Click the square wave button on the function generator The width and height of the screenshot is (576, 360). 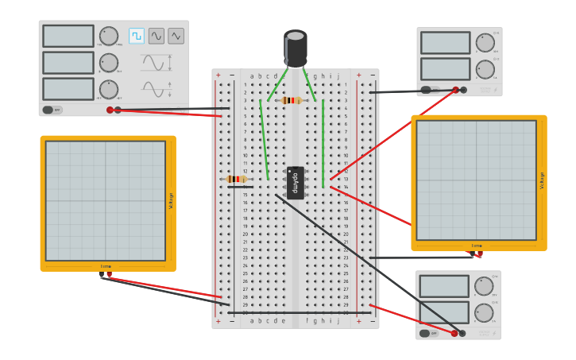coord(137,36)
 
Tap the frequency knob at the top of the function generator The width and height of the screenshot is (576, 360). coord(109,36)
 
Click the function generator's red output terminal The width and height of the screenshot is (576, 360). coord(110,110)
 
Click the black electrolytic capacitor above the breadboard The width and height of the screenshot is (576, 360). coord(296,48)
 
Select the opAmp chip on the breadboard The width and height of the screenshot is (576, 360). coord(296,183)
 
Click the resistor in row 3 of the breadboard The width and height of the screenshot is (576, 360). coord(292,100)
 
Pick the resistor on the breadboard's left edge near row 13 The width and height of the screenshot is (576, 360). coord(237,179)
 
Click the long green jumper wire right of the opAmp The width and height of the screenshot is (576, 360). coord(323,143)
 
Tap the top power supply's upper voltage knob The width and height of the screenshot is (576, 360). coord(485,43)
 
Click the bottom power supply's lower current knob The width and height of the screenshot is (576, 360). coord(483,313)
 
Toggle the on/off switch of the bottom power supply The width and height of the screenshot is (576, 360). coord(425,333)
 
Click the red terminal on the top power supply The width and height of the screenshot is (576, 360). coord(455,90)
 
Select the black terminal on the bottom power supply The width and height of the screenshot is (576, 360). coord(462,333)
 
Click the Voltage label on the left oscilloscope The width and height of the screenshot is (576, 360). coord(171,203)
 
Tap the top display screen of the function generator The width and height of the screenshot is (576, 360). coord(68,36)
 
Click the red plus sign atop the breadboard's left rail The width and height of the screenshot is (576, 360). coord(218,75)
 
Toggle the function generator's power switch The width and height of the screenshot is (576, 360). coord(48,110)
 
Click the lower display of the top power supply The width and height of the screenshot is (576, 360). coord(445,69)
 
